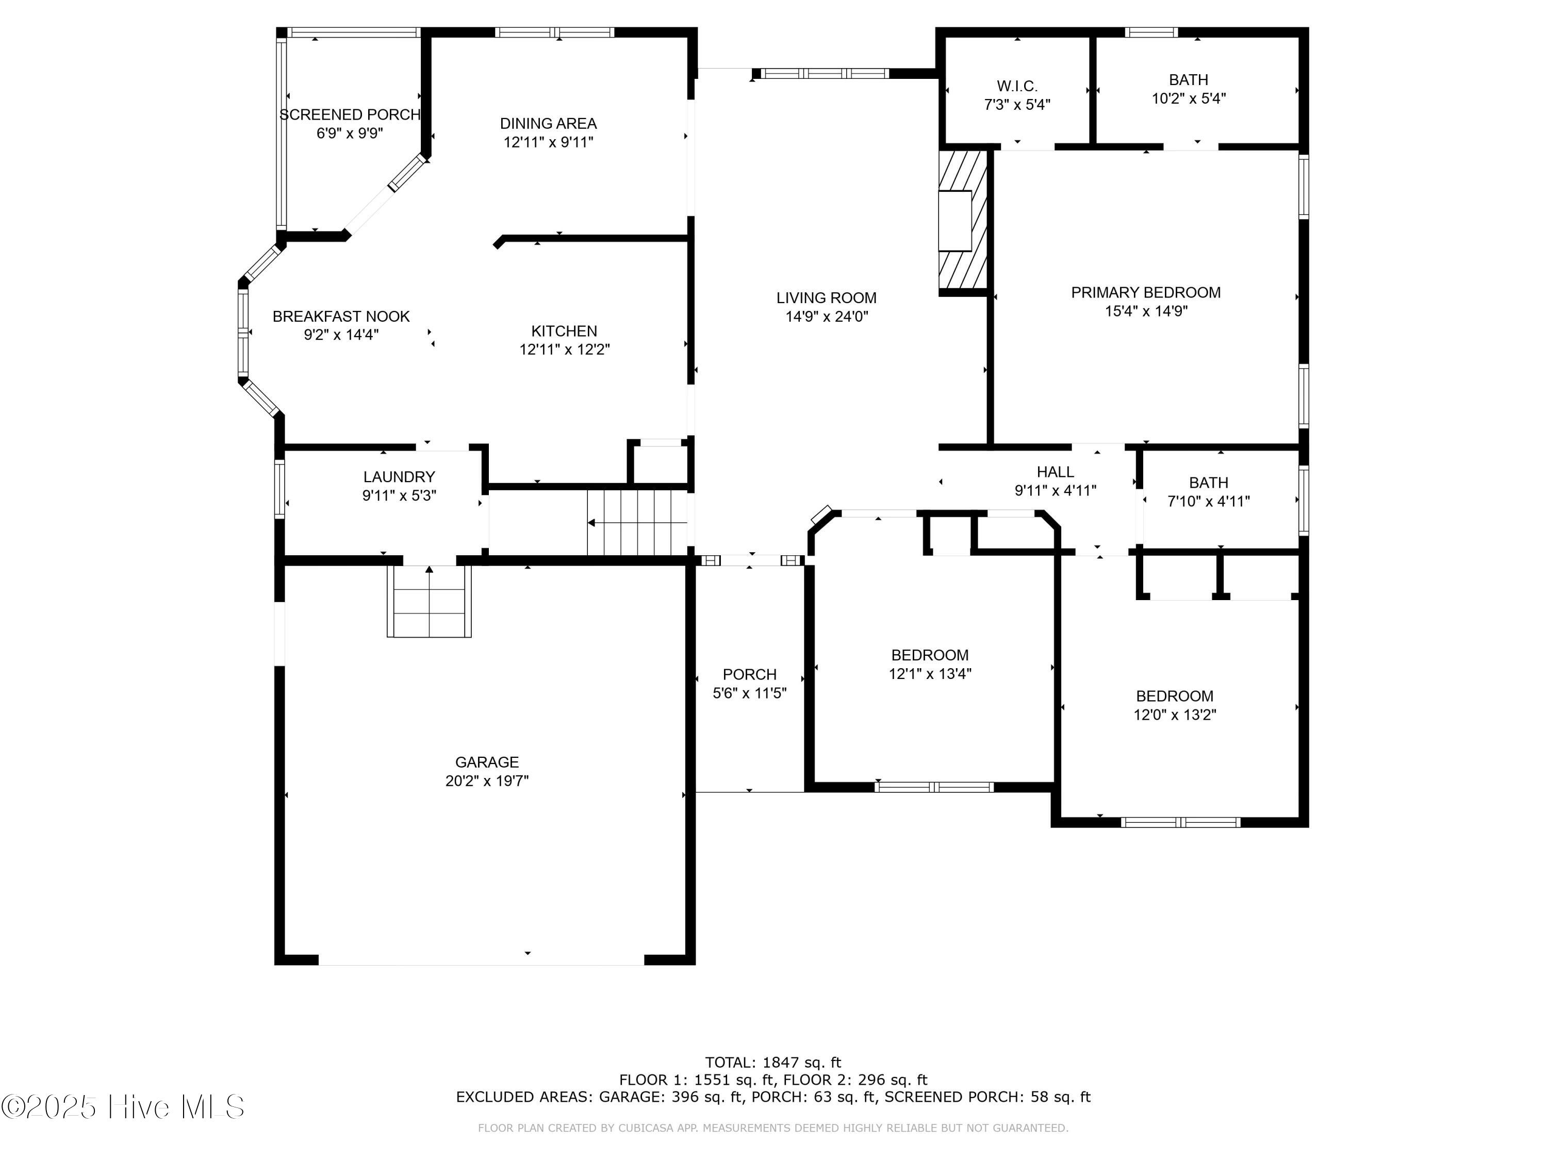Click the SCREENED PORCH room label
coord(350,114)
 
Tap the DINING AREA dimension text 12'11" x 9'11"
coord(548,142)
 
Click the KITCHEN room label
coord(564,331)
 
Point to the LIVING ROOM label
coord(826,298)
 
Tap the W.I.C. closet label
coord(1017,86)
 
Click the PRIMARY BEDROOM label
coord(1146,292)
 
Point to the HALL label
coord(1056,472)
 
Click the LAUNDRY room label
coord(399,477)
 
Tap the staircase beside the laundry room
coord(637,522)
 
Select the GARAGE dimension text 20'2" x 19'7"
coord(487,781)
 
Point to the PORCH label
coord(750,675)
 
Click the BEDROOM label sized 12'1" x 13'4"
coord(929,655)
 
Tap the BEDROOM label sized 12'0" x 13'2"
coord(1174,697)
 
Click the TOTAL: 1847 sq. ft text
coord(773,1063)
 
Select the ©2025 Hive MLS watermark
coord(123,1107)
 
